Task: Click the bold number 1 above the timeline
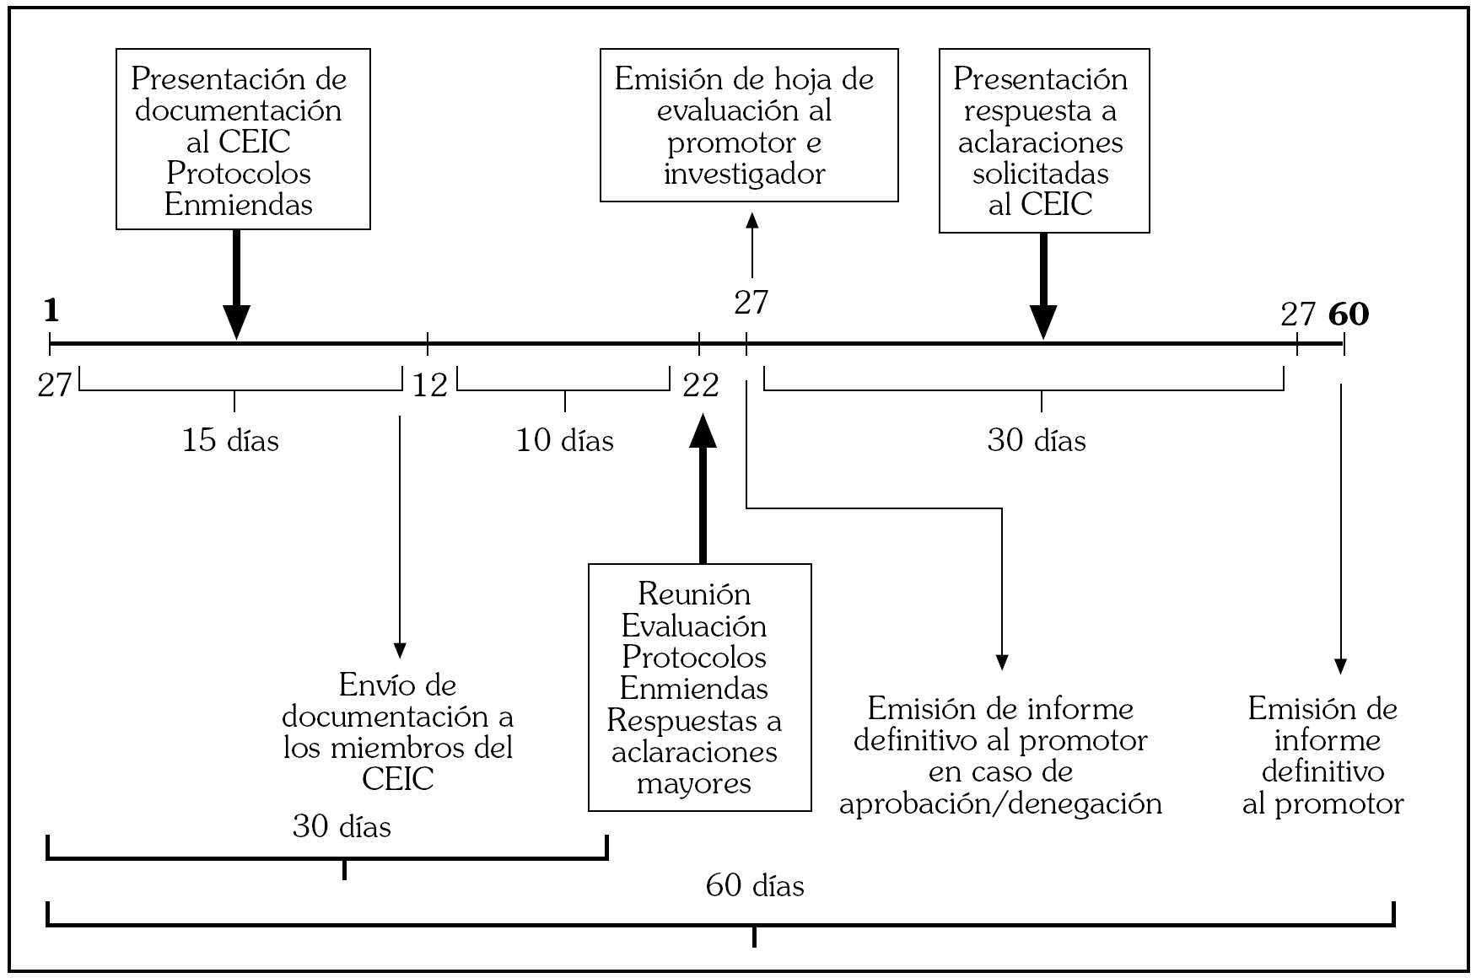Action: point(51,312)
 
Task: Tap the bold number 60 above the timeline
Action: point(1349,314)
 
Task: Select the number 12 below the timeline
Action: point(430,386)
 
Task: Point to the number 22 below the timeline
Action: point(701,386)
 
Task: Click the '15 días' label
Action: point(230,440)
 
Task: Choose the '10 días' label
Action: point(565,440)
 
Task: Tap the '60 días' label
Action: point(755,886)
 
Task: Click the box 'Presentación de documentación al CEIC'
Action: point(243,139)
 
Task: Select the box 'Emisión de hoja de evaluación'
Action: point(749,126)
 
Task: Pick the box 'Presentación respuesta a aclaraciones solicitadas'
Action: point(1044,141)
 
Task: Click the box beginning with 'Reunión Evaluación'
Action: point(700,687)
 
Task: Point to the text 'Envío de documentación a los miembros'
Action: point(398,732)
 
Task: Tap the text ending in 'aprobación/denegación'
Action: point(1001,755)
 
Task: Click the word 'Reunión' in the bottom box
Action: point(694,594)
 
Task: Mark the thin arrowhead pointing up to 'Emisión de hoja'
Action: point(752,220)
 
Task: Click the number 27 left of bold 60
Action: point(1297,314)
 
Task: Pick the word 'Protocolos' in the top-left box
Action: point(239,173)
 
